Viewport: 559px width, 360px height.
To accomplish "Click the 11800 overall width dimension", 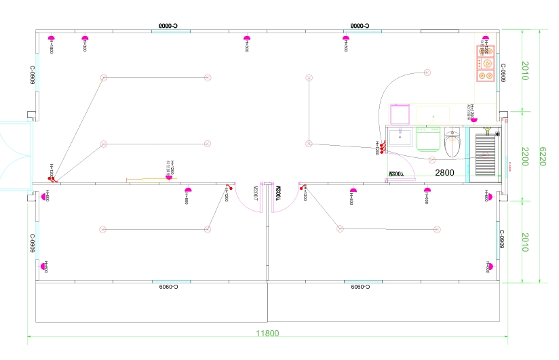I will tap(267, 333).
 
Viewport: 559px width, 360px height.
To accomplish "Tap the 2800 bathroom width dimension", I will tap(444, 173).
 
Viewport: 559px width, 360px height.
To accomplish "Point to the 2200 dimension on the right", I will tap(524, 155).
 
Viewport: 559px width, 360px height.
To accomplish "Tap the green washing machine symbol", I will tap(428, 139).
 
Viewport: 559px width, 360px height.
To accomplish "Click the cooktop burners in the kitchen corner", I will tap(486, 64).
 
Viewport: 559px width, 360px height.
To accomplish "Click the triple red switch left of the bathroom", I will tap(383, 146).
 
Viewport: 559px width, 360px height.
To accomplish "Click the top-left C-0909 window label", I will tap(33, 75).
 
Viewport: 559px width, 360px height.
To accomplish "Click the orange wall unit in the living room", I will tap(146, 180).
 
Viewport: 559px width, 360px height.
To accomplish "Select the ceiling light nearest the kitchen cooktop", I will tap(427, 73).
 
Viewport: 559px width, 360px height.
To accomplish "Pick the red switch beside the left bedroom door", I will tap(229, 188).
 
